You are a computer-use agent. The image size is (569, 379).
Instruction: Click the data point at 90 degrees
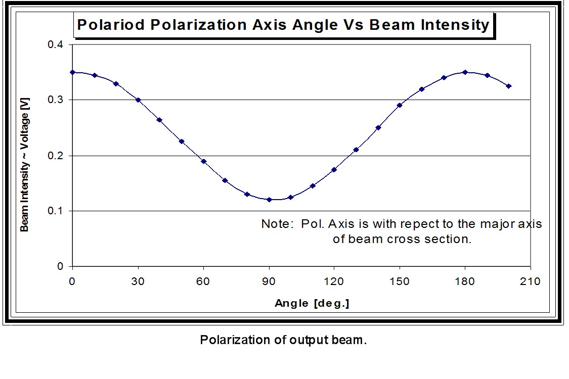pos(269,200)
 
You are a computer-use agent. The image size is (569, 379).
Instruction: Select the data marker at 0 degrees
pos(73,72)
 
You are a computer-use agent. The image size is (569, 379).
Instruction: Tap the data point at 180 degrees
pos(465,72)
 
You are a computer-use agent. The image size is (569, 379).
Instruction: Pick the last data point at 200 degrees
pos(508,86)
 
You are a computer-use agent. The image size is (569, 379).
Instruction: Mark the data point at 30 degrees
pos(138,100)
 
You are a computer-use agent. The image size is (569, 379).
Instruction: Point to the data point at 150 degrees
pos(400,105)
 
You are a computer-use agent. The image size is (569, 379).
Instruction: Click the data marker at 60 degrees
pos(203,161)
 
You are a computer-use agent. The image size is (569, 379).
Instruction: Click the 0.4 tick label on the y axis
pos(56,45)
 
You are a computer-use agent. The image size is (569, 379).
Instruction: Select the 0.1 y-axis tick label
pos(56,211)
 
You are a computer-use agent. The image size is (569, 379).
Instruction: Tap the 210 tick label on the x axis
pos(530,281)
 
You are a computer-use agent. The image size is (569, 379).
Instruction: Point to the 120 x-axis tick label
pos(334,281)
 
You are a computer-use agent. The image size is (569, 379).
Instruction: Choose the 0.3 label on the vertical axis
pos(56,100)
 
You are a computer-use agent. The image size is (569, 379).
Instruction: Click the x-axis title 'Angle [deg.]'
pos(312,303)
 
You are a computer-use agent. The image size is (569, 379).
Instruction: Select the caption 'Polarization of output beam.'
pos(283,340)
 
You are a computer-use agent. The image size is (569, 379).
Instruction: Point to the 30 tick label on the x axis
pos(138,281)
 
